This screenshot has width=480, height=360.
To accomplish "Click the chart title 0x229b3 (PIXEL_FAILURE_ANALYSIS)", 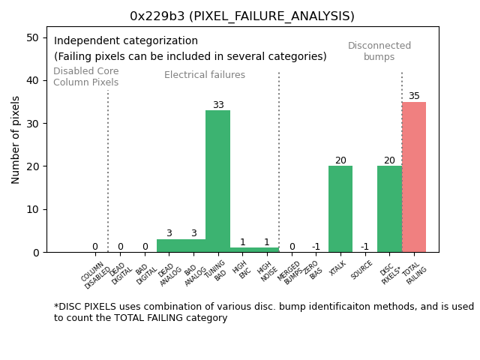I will [241, 16].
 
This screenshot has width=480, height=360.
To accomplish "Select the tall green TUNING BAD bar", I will [217, 181].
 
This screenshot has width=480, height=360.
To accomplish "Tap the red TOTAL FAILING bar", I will [414, 177].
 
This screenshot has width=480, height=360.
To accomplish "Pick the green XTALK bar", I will [340, 208].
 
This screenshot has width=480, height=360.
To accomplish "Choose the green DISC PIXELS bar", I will [389, 208].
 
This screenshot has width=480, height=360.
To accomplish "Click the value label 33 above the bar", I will [218, 105].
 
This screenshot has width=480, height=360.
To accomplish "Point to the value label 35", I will [414, 96].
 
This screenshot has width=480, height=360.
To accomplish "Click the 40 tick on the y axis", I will [33, 80].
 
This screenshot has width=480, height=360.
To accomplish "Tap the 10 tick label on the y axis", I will [33, 209].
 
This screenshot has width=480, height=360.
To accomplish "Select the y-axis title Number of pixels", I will [16, 139].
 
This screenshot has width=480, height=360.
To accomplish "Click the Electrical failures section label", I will [205, 75].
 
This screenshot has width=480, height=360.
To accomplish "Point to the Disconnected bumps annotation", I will [379, 51].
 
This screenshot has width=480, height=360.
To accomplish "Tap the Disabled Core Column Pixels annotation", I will [85, 76].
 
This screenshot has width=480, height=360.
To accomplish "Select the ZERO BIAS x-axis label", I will [314, 271].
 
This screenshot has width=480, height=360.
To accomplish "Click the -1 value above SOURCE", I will [364, 247].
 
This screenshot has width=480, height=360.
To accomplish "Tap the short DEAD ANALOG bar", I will [169, 245].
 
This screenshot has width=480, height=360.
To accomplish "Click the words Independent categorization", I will [126, 41].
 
